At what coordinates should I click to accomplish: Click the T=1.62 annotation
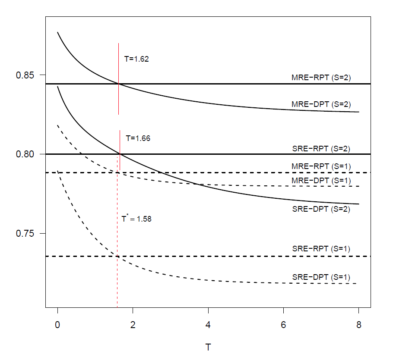click(x=136, y=59)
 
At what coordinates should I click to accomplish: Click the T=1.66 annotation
click(x=138, y=138)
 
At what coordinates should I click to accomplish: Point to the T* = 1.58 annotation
click(x=136, y=219)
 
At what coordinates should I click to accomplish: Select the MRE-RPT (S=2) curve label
click(x=321, y=78)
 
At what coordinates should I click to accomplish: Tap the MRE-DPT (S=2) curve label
click(x=321, y=104)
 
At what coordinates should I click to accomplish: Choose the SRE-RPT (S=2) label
click(x=321, y=149)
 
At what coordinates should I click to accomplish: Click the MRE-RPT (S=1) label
click(x=321, y=166)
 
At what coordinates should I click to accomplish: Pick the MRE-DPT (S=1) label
click(x=321, y=181)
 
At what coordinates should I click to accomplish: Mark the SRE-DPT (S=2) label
click(x=321, y=209)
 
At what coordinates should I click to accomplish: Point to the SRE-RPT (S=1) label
click(x=321, y=249)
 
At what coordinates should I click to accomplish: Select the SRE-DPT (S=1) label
click(x=321, y=277)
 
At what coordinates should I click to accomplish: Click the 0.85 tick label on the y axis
click(x=25, y=75)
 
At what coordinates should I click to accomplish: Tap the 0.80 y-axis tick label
click(x=25, y=154)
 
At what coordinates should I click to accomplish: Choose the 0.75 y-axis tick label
click(x=25, y=233)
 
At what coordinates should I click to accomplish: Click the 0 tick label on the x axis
click(x=57, y=325)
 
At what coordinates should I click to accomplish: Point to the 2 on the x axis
click(x=133, y=325)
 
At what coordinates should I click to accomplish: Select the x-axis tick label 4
click(x=208, y=325)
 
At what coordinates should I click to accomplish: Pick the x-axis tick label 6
click(x=283, y=325)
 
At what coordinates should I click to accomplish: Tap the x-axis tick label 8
click(x=358, y=325)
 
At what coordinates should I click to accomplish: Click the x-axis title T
click(x=208, y=347)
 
